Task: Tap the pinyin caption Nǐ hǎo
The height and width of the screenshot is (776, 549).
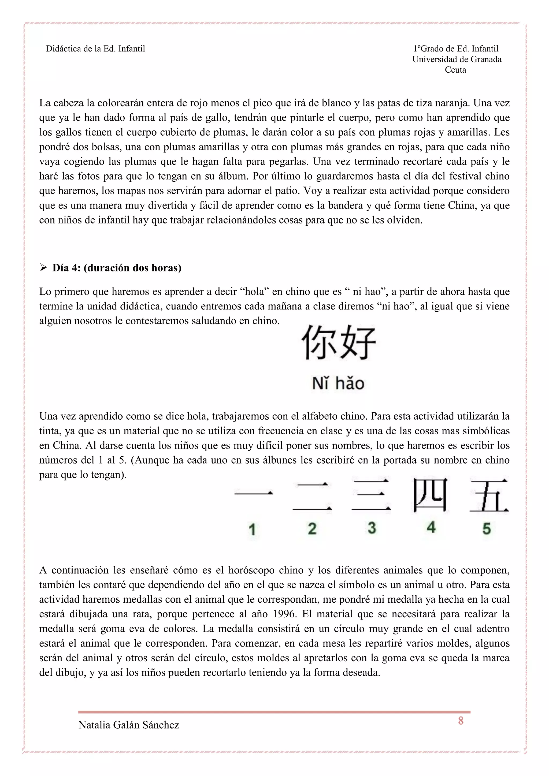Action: pos(338,384)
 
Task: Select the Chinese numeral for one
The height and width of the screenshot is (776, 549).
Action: pos(254,494)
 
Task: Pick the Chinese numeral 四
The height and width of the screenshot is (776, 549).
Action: pos(430,494)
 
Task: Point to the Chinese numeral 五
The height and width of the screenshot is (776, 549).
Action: pos(489,495)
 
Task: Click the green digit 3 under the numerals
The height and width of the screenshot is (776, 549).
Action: pos(372,528)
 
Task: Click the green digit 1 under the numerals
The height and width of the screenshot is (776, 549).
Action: pos(252,529)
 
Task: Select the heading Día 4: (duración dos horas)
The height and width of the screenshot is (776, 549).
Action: pos(117,268)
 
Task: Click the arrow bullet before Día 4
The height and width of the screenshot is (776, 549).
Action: pos(43,268)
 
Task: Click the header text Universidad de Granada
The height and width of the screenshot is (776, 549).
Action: pos(457,59)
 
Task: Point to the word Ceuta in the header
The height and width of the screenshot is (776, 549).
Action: pos(455,70)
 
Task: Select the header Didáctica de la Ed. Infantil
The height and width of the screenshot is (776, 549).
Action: pos(95,49)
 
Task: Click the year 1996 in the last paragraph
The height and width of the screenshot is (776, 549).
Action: pos(284,614)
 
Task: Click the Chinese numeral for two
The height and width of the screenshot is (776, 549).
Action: pos(312,496)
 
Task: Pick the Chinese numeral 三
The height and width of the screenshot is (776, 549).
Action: pos(371,494)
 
